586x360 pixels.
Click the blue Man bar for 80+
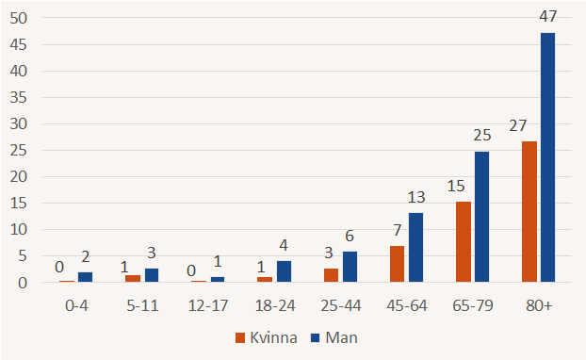[547, 157]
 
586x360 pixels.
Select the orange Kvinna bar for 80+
[529, 212]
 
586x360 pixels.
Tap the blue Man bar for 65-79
[481, 217]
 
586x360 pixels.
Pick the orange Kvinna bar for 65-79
[463, 242]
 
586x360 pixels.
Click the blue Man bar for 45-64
[415, 248]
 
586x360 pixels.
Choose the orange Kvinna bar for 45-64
[397, 264]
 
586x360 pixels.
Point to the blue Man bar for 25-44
[350, 267]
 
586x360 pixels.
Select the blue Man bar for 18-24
[284, 271]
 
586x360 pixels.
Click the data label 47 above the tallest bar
[547, 17]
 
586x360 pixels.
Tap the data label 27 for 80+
[517, 124]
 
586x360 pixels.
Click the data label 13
[415, 195]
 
